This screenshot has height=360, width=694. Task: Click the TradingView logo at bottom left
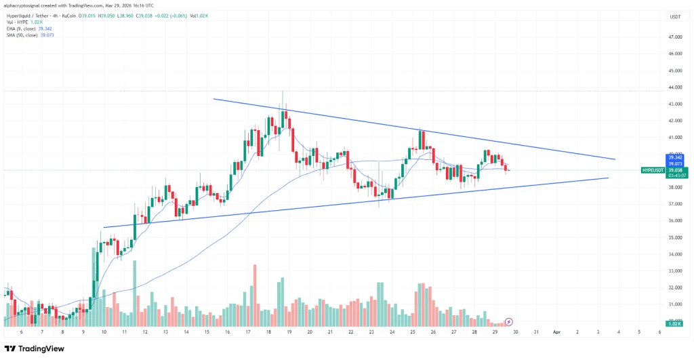tap(35, 348)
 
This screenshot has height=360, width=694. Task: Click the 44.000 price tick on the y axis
tap(675, 87)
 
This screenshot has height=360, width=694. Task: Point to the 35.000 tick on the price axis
tap(675, 238)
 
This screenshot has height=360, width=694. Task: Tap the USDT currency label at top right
tap(675, 16)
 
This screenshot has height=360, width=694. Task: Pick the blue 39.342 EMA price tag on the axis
tap(676, 157)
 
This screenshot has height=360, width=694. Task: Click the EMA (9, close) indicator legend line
tap(30, 28)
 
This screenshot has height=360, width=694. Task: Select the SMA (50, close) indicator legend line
tap(30, 35)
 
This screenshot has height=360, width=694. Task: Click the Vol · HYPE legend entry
tap(24, 22)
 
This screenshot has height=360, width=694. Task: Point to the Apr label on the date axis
tap(556, 332)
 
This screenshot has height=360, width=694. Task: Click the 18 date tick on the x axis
tap(269, 332)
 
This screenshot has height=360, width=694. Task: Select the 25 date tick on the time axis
tap(413, 332)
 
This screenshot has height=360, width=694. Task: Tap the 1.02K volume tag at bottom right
tap(675, 324)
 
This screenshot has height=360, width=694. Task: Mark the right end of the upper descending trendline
tap(615, 159)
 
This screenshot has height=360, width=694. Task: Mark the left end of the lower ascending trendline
tap(104, 228)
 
